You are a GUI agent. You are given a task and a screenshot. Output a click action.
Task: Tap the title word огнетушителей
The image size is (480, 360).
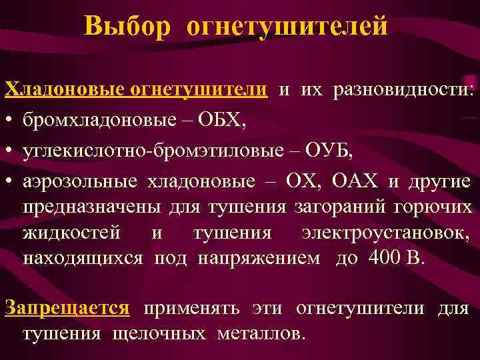point(287,26)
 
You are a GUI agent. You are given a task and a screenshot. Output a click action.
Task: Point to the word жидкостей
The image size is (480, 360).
point(71,233)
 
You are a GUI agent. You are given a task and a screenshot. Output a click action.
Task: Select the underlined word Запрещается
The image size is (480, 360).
point(67,307)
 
